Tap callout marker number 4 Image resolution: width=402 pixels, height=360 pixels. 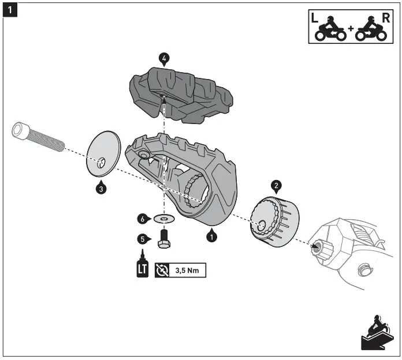[165, 58]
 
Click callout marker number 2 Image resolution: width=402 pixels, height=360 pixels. [276, 185]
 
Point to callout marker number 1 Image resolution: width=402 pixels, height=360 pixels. [212, 236]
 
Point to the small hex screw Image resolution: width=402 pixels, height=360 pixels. [164, 237]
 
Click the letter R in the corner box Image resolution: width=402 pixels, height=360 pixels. [385, 17]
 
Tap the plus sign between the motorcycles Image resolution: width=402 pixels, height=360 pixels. [351, 28]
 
